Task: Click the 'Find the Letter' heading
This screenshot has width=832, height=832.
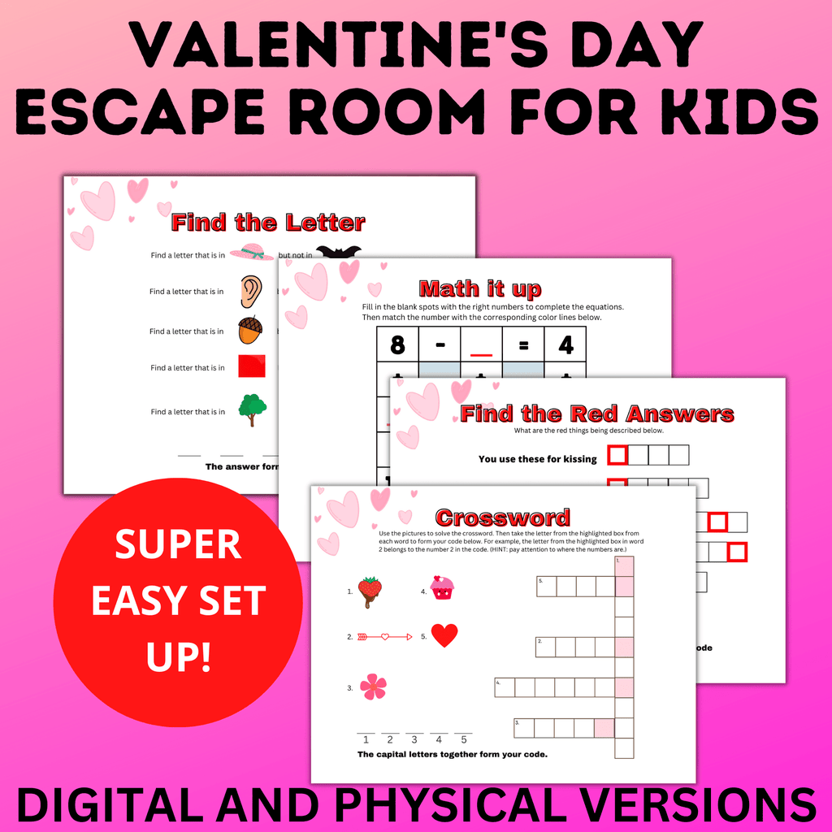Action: pyautogui.click(x=268, y=222)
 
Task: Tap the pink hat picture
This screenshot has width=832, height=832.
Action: pyautogui.click(x=252, y=253)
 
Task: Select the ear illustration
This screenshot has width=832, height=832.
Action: pyautogui.click(x=251, y=291)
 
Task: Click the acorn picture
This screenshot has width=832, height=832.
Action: pyautogui.click(x=250, y=330)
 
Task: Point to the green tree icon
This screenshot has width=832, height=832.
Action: pyautogui.click(x=252, y=409)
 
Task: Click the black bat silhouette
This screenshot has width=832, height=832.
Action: pyautogui.click(x=336, y=252)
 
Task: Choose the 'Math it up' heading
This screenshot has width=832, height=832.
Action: pyautogui.click(x=479, y=288)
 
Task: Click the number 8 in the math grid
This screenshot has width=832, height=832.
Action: pyautogui.click(x=397, y=346)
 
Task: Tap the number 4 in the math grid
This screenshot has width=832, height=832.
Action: pyautogui.click(x=565, y=346)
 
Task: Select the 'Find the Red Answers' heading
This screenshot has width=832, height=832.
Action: pyautogui.click(x=597, y=414)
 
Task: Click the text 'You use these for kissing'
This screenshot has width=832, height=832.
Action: pyautogui.click(x=537, y=459)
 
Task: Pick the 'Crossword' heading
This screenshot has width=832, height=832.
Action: pyautogui.click(x=502, y=518)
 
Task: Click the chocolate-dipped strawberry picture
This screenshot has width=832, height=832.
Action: pyautogui.click(x=370, y=591)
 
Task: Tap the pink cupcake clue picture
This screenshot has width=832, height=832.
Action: pyautogui.click(x=442, y=587)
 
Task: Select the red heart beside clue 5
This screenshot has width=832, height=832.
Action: pyautogui.click(x=444, y=635)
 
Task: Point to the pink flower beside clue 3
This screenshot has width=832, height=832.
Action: pyautogui.click(x=373, y=687)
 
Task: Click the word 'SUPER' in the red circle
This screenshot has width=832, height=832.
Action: pyautogui.click(x=178, y=545)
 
